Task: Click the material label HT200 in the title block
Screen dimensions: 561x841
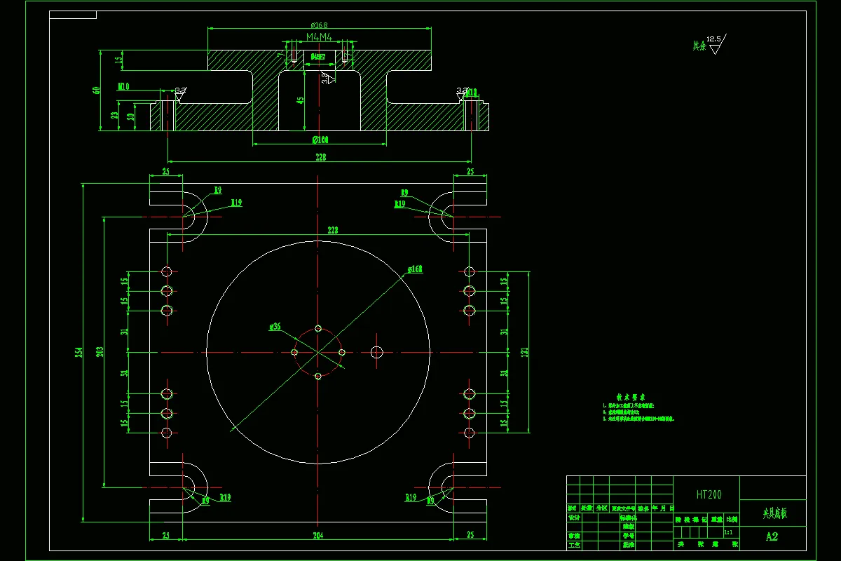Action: (x=709, y=494)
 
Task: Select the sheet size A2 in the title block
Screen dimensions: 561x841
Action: (x=772, y=536)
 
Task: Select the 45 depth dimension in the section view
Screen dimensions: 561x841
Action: (x=301, y=100)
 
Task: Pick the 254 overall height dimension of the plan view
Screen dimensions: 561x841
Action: (x=79, y=352)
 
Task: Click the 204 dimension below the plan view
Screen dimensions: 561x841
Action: (x=320, y=536)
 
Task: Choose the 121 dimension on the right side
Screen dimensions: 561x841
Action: (x=524, y=352)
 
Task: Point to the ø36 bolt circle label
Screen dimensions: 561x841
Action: (x=275, y=327)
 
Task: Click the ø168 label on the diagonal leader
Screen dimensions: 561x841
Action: (x=415, y=269)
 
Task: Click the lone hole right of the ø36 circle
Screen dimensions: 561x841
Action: (x=377, y=351)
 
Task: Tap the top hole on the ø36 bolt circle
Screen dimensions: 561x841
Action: (x=318, y=328)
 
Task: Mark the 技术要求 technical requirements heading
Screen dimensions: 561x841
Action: (x=626, y=397)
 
